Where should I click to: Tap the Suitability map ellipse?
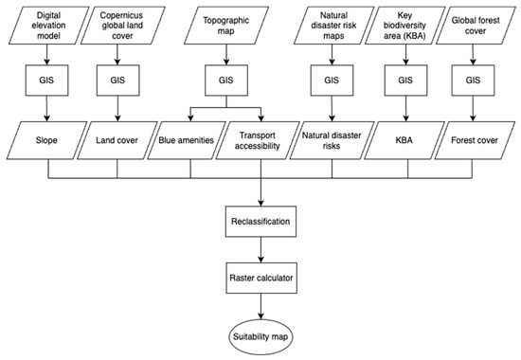tap(259, 336)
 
